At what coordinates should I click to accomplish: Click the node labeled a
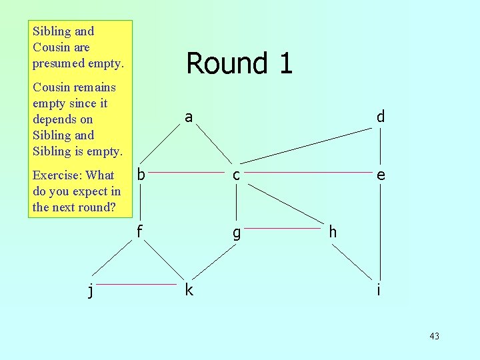click(x=189, y=118)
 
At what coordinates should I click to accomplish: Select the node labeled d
click(x=380, y=117)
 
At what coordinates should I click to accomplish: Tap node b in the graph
click(x=141, y=175)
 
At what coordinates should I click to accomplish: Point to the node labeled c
click(x=236, y=175)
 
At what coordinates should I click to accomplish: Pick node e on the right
click(x=380, y=175)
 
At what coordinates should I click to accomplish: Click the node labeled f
click(x=140, y=232)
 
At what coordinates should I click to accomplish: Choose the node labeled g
click(x=236, y=233)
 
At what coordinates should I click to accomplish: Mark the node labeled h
click(x=332, y=232)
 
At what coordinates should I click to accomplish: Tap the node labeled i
click(x=379, y=290)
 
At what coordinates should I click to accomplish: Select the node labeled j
click(x=91, y=291)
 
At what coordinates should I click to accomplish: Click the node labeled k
click(x=189, y=290)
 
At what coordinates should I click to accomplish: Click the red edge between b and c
click(x=189, y=171)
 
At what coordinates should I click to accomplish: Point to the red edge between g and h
click(x=284, y=228)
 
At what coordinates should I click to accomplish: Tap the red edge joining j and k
click(x=141, y=285)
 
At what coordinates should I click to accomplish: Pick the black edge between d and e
click(x=380, y=147)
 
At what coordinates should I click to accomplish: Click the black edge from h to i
click(x=352, y=261)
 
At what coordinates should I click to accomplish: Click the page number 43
click(x=434, y=336)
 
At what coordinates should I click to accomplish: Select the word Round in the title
click(x=217, y=63)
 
